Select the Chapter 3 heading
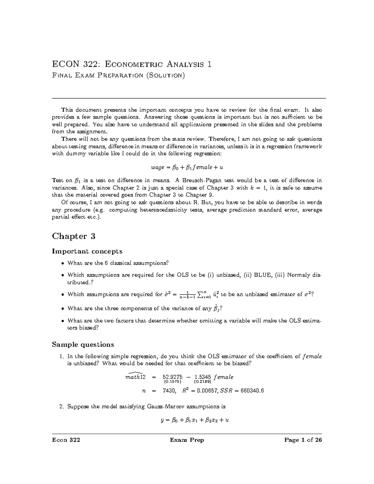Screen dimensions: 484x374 tap(74, 236)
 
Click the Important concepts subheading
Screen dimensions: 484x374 tap(87, 251)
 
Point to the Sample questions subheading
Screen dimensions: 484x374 tap(83, 344)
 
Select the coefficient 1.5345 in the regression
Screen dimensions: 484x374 tap(202, 377)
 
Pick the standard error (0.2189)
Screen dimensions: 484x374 tap(202, 381)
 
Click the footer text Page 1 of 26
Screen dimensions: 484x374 tap(303, 440)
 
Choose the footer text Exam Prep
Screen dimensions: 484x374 tap(187, 440)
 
